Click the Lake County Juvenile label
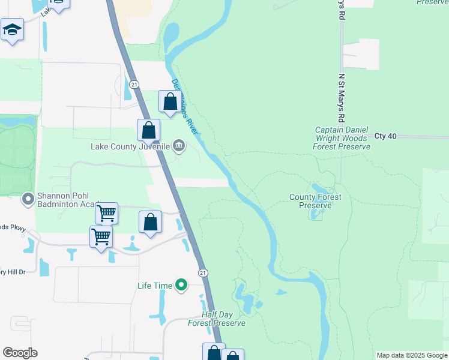(x=130, y=146)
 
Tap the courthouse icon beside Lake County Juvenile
(x=179, y=145)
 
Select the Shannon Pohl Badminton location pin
(x=28, y=198)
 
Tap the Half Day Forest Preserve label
(x=217, y=319)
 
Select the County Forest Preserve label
(x=315, y=201)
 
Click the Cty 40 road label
(x=385, y=136)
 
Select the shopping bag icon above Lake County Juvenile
(x=148, y=130)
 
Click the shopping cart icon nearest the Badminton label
(x=106, y=212)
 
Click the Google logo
(x=20, y=353)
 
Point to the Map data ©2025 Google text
(x=412, y=355)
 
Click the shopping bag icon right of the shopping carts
(x=151, y=222)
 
